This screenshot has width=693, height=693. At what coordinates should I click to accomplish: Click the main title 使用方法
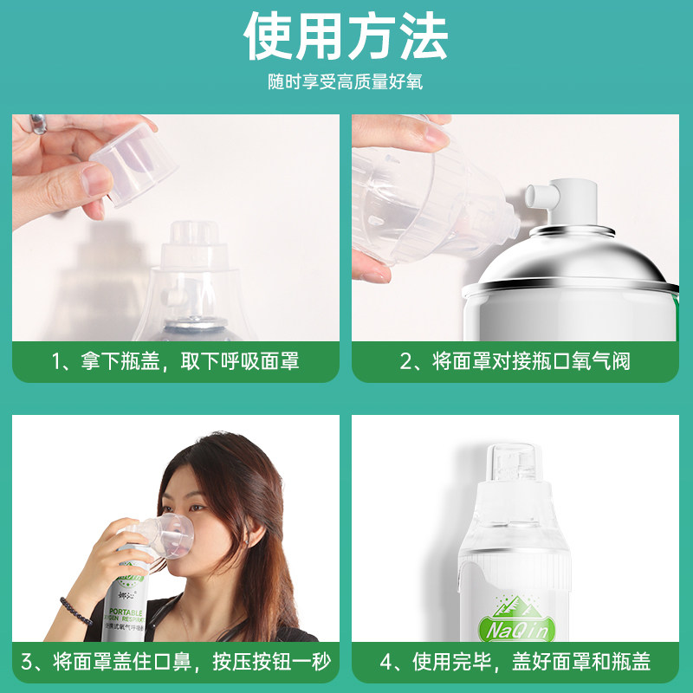346,36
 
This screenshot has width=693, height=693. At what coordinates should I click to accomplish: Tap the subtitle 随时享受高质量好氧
346,84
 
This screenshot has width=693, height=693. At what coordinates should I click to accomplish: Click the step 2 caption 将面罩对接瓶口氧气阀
515,362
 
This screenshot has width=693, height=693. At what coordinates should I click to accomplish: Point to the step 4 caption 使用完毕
515,664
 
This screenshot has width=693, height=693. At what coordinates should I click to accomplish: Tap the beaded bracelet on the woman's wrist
75,611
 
